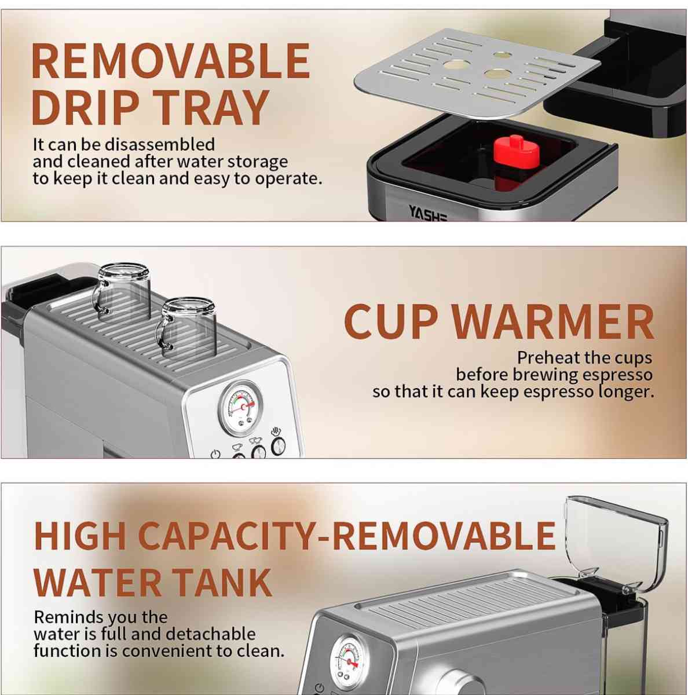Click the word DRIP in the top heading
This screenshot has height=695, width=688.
(x=85, y=108)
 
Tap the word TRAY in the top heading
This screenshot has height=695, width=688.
(x=211, y=108)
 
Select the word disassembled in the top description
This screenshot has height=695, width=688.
(x=160, y=144)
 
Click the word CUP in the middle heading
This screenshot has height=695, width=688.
(x=391, y=322)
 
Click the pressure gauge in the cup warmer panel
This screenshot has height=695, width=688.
(x=240, y=408)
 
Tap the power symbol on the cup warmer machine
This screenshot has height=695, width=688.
(x=215, y=454)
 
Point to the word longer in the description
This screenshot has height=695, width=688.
(x=625, y=392)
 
